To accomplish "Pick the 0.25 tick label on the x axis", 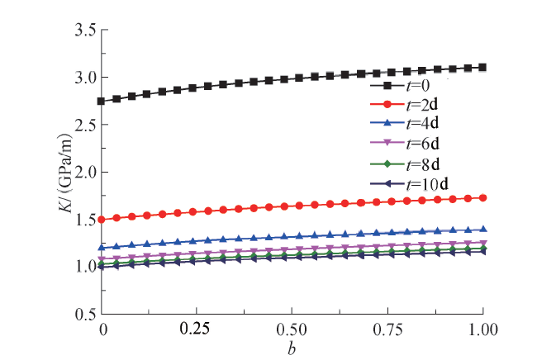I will tap(197, 329).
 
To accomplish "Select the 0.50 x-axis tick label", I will tap(292, 329).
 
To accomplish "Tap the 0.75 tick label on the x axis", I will tap(387, 329).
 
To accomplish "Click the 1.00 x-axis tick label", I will tap(482, 329).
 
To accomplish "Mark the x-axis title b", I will tap(292, 347).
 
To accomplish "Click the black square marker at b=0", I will tap(102, 101).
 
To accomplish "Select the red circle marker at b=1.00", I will tap(483, 198).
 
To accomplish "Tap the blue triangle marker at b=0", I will tap(102, 247).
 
